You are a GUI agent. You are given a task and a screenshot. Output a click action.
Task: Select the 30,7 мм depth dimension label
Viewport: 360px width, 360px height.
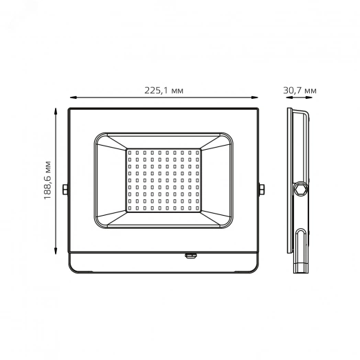[300, 91]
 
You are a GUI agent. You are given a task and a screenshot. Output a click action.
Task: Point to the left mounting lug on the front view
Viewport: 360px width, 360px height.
[65, 188]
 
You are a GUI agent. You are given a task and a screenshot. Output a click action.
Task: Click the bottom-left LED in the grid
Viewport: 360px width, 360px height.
[131, 208]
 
